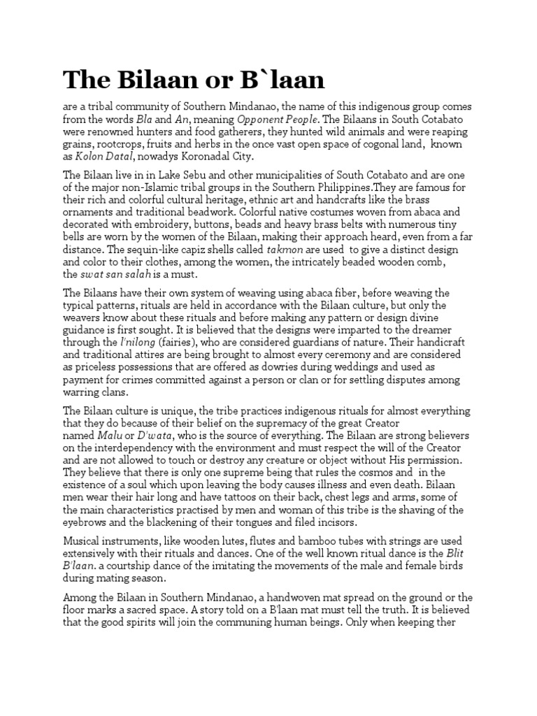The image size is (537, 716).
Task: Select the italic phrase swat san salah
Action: tap(115, 275)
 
